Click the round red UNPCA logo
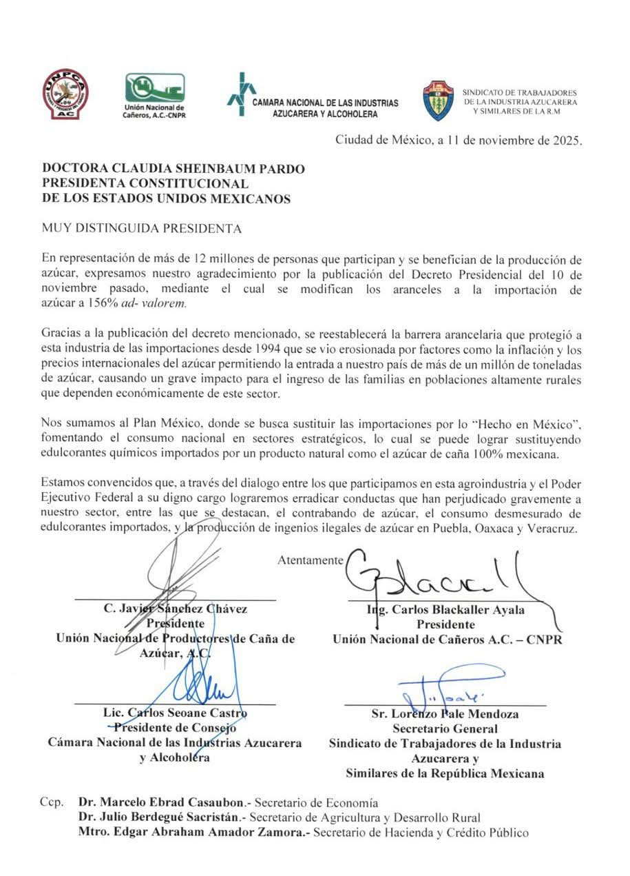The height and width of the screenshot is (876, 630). click(65, 94)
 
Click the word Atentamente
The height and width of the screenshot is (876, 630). click(310, 560)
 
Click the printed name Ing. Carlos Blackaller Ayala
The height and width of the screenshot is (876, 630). click(447, 609)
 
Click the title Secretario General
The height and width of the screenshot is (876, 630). click(445, 728)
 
